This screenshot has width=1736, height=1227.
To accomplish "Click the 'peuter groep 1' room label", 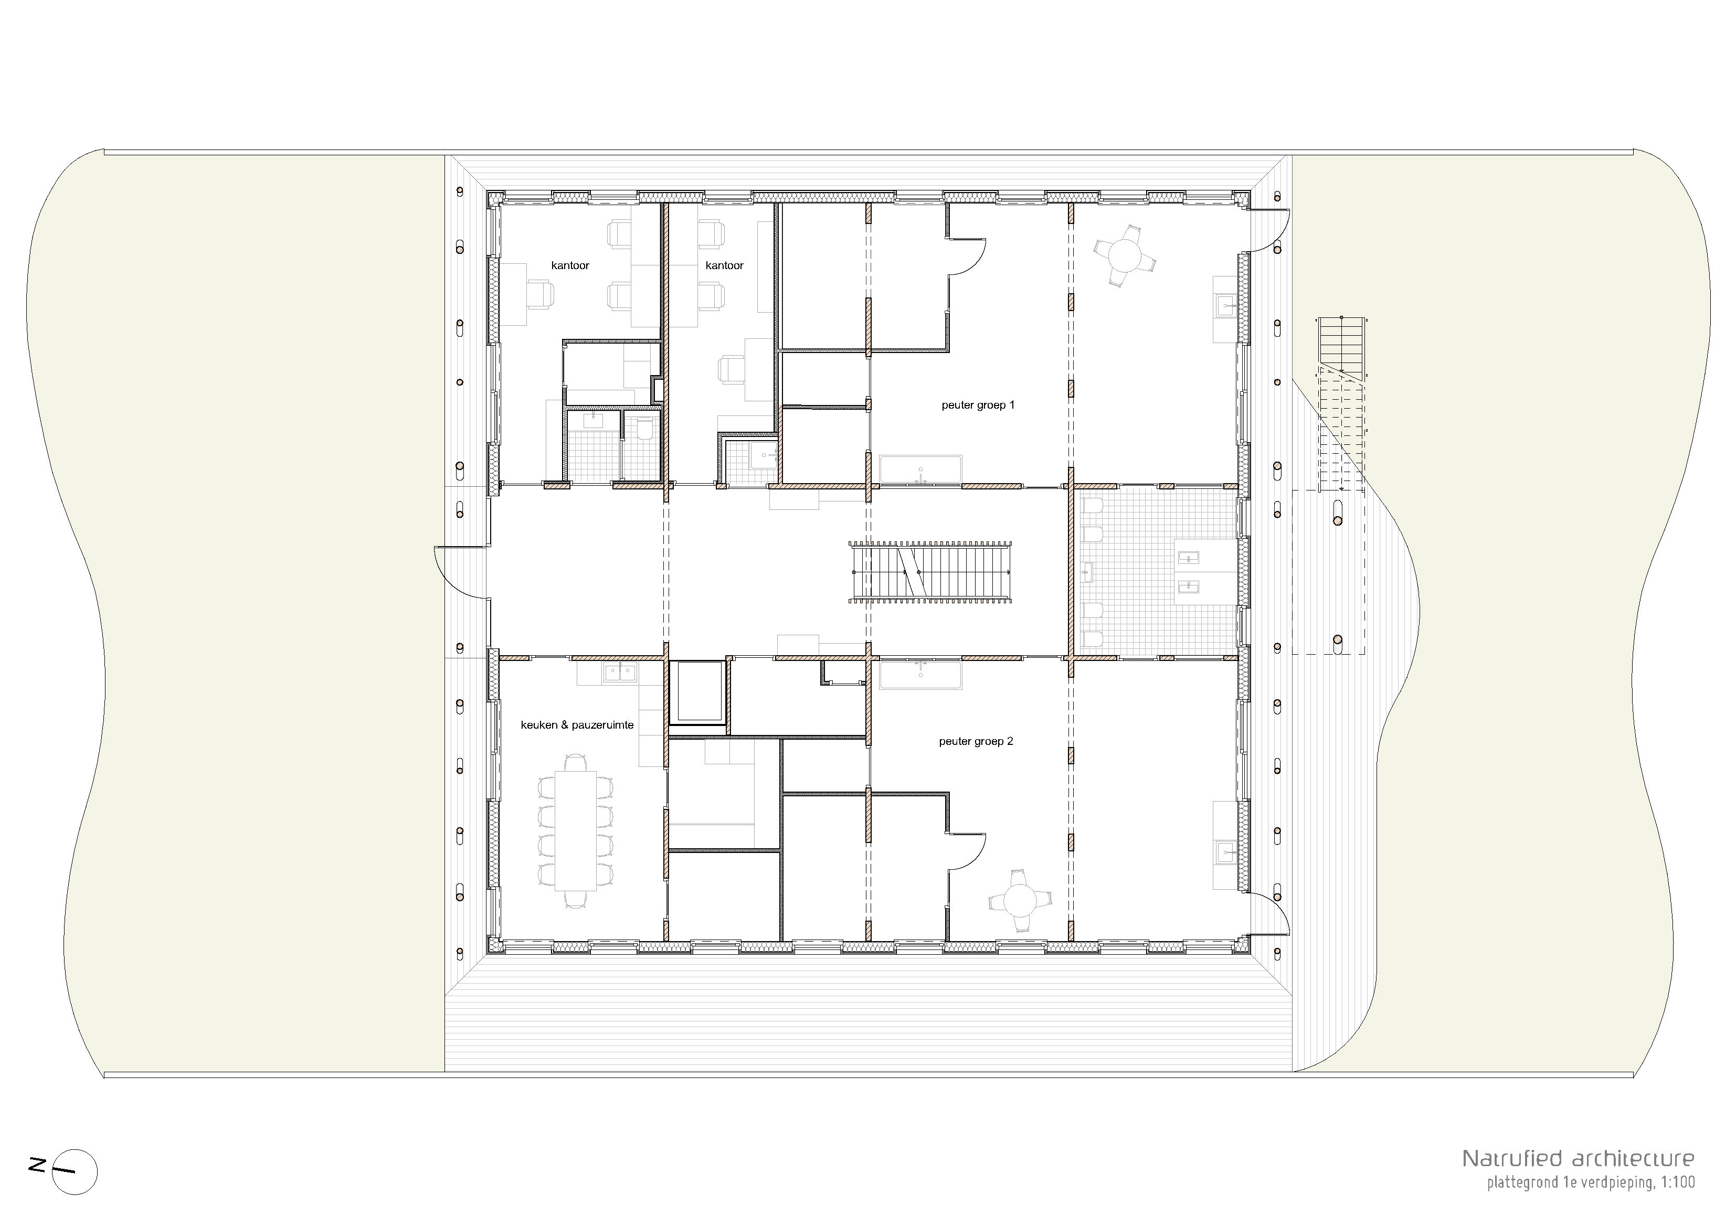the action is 978,405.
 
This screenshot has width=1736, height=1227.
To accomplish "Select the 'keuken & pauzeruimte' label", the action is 577,725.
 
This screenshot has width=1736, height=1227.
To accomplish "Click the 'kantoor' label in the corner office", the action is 570,265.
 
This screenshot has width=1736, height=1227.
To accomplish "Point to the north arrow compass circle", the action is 76,1172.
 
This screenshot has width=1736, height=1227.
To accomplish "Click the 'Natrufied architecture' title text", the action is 1578,1158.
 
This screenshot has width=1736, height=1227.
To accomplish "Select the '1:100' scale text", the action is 1677,1182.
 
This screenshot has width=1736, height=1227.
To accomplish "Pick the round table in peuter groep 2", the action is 1020,900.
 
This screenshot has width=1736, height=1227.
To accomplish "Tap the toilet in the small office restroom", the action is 645,430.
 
